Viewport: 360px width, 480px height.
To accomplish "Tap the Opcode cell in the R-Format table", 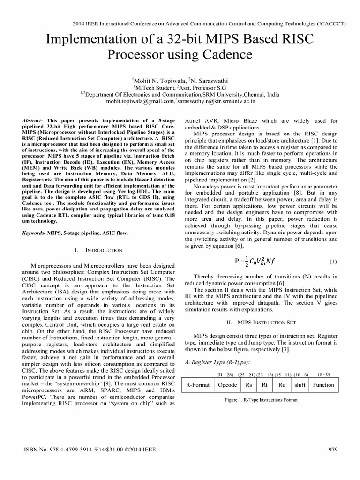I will (227, 385).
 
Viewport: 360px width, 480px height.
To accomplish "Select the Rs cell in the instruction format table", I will (248, 385).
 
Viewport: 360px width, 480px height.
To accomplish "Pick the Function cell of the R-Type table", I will (323, 385).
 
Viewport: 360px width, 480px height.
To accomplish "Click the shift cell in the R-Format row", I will (300, 385).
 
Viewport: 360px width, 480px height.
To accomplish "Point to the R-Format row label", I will (198, 385).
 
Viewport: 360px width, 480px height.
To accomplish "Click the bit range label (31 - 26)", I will (226, 375).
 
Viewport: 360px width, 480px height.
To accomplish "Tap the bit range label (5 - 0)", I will (323, 375).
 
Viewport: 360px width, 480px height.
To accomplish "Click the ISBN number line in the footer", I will (90, 450).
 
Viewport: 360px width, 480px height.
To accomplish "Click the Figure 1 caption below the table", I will (261, 400).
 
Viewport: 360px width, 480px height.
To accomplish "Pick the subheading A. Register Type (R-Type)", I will (218, 362).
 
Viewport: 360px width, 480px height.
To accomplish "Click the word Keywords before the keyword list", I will (36, 232).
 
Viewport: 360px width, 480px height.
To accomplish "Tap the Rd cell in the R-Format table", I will (282, 385).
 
